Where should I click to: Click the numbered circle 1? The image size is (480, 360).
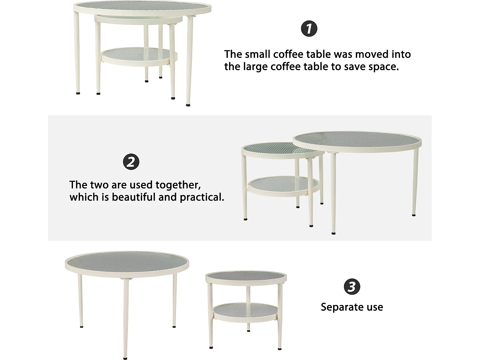(x=309, y=29)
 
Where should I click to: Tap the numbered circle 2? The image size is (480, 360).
(x=131, y=162)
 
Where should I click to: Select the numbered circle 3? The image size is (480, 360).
(x=352, y=287)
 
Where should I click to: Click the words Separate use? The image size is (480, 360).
(x=352, y=307)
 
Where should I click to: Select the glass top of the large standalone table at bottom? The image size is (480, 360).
(x=127, y=263)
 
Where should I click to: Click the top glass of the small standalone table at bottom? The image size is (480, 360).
(x=246, y=277)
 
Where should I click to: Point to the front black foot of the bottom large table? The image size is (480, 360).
(x=125, y=358)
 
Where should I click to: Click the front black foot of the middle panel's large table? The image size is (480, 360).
(x=334, y=234)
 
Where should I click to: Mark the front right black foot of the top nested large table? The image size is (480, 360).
(x=188, y=105)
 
